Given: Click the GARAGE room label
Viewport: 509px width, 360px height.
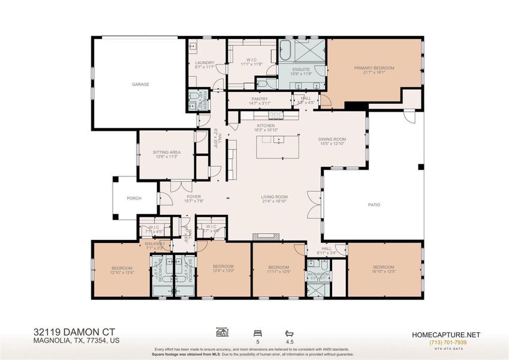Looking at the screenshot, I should click(140, 85).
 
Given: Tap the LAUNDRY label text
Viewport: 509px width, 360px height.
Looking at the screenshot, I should click(204, 62).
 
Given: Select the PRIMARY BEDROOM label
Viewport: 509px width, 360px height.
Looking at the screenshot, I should click(374, 68).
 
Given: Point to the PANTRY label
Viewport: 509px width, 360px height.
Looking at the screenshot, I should click(260, 99).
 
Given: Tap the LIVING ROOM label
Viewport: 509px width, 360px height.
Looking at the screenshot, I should click(274, 197).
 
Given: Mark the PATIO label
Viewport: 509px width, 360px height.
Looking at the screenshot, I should click(374, 205).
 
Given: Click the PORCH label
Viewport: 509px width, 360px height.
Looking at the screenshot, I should click(133, 199).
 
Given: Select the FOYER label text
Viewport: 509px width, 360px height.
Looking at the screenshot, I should click(194, 196).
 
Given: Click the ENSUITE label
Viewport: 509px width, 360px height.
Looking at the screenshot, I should click(301, 69).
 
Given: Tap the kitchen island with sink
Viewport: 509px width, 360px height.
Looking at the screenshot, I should click(277, 147).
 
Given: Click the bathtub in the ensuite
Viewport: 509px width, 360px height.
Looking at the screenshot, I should click(285, 50).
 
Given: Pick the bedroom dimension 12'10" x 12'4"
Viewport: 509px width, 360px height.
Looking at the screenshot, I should click(122, 273).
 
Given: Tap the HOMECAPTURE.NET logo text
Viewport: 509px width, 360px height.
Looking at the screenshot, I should click(447, 334).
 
